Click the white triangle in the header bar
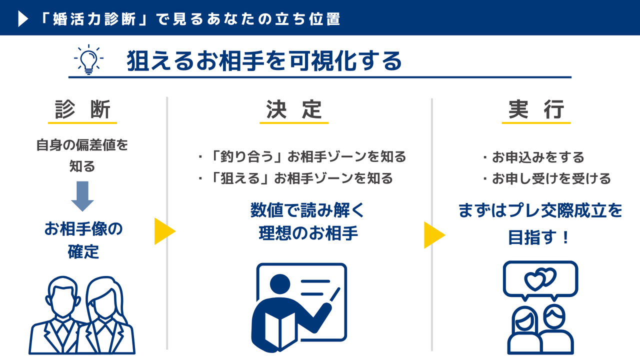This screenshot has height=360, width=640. (23, 18)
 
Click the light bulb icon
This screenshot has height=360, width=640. (88, 59)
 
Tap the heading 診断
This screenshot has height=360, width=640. (82, 109)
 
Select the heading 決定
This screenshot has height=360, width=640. (294, 109)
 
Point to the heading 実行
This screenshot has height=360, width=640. (536, 109)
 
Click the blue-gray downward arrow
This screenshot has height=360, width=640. (82, 196)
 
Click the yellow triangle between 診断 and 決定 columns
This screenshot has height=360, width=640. (165, 231)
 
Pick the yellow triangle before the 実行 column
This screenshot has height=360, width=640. (434, 235)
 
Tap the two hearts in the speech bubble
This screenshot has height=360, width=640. (540, 279)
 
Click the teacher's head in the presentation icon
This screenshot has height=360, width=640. (280, 284)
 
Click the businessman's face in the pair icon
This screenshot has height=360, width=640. (63, 297)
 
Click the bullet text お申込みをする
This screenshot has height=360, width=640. (537, 157)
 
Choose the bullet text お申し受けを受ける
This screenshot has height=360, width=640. (551, 179)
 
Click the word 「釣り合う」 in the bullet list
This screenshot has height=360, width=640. (247, 156)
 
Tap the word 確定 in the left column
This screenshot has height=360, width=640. (83, 251)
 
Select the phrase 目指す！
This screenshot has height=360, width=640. (539, 237)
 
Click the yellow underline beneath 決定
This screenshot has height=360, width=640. (294, 123)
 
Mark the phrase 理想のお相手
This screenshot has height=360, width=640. (308, 233)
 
